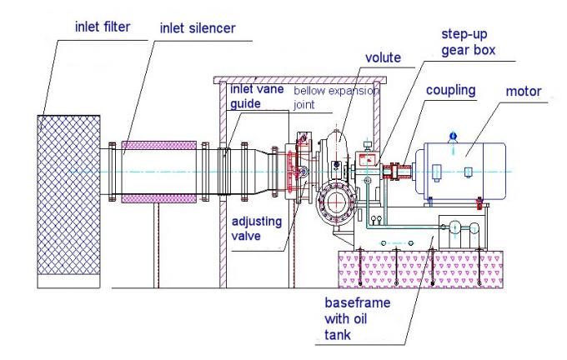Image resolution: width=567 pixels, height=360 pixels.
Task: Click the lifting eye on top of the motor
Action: coord(452,132)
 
